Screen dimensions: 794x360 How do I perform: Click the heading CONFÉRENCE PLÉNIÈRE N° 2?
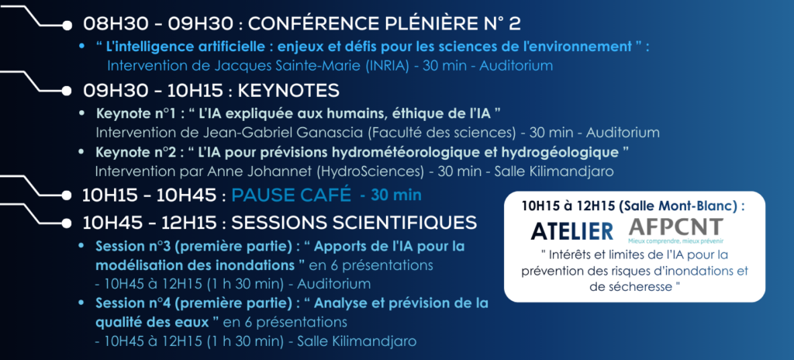coord(385,23)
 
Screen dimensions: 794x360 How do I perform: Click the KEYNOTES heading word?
coord(288,91)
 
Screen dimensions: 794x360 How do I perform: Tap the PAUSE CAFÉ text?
coord(292,195)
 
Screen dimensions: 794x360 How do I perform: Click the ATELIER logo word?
coord(572,230)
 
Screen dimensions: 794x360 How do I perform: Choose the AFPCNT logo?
coord(676,229)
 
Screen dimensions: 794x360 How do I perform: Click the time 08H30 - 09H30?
coord(159,23)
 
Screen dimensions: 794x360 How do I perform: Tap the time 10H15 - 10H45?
coord(150,196)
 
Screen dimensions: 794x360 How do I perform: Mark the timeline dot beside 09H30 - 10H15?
coord(67,92)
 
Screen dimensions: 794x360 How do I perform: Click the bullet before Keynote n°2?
coord(82,151)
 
